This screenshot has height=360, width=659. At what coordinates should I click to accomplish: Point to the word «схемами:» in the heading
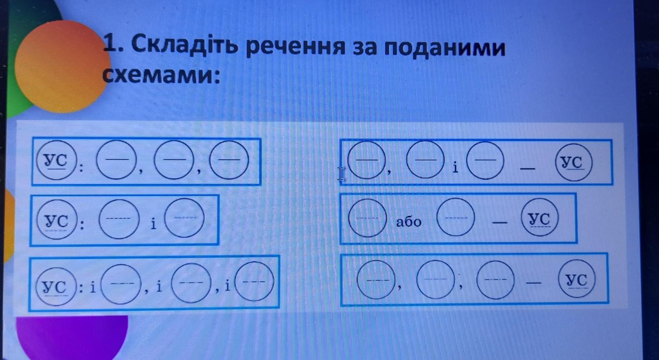coord(161,76)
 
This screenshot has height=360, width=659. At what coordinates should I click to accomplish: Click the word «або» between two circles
coord(409,222)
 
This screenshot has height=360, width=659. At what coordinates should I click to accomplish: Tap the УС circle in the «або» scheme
coord(539,218)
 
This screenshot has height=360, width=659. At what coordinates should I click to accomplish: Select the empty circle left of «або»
coord(367,218)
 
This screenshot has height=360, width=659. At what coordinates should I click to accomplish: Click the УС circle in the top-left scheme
coord(57,160)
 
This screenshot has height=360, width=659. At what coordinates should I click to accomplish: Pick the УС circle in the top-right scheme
coord(573,162)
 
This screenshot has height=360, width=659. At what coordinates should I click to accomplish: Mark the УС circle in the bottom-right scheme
coord(577,279)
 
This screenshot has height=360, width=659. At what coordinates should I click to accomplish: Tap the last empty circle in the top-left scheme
coord(229,160)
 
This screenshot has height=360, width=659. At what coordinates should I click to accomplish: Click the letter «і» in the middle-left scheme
coord(153,224)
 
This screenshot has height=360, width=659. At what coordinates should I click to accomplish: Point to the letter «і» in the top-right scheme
coord(455,168)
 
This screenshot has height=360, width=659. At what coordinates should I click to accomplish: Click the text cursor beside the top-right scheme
coord(341,174)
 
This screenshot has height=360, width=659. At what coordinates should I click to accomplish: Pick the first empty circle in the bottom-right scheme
coord(376,279)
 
